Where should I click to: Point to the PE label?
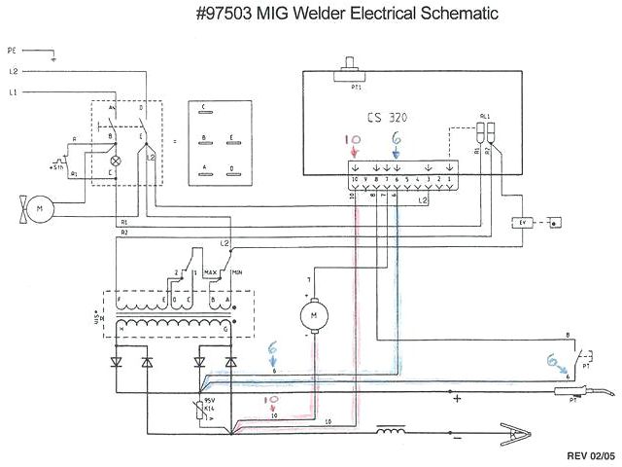[12, 48]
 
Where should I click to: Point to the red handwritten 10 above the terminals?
[353, 140]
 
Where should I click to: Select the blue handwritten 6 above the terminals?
[395, 140]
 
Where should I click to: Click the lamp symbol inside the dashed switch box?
[117, 159]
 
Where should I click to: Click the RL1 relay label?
[484, 115]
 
